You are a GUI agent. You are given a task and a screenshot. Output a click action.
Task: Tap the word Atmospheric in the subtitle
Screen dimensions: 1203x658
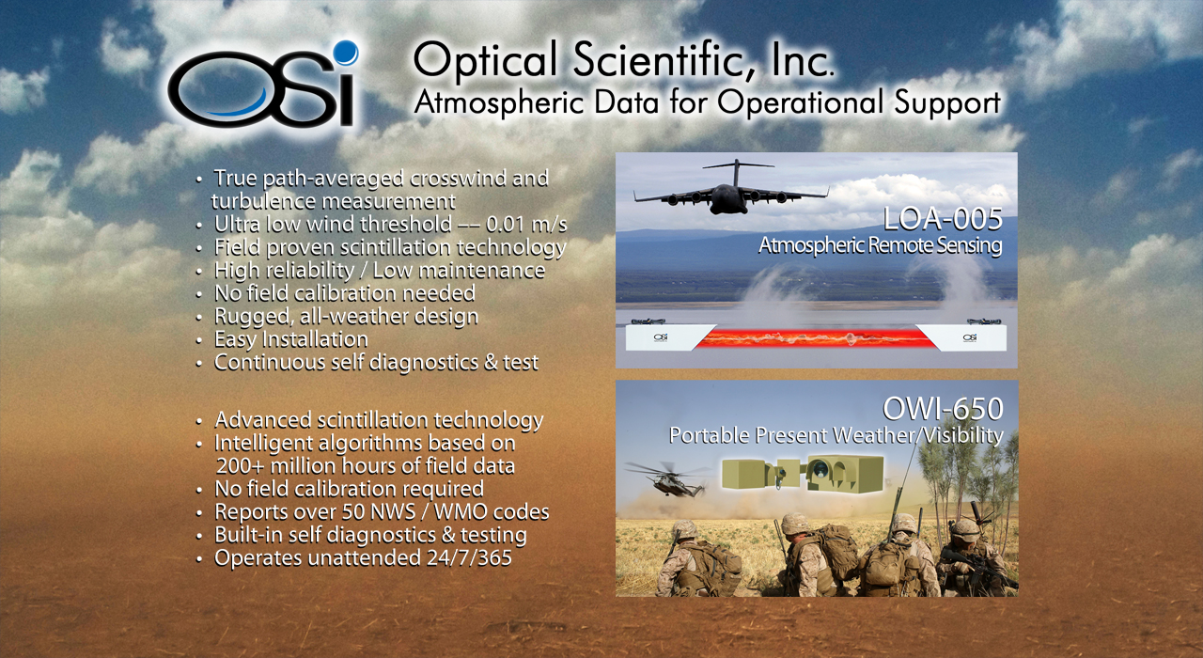click(498, 102)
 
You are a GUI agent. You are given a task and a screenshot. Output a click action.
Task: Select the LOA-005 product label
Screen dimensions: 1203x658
click(943, 219)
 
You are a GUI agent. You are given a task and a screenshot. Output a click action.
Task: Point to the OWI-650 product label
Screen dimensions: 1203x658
click(943, 409)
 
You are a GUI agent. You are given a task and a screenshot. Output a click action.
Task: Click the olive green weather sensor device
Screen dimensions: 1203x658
click(803, 473)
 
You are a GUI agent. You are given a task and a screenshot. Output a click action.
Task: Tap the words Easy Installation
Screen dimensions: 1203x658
click(290, 339)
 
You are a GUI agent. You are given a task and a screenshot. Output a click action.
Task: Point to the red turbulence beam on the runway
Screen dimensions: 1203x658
click(816, 337)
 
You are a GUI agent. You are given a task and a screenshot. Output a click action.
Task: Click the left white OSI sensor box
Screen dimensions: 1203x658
click(670, 337)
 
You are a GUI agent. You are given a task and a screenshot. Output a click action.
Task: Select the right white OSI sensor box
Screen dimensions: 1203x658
click(962, 337)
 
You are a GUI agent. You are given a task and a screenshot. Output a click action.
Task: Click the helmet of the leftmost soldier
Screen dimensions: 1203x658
click(684, 529)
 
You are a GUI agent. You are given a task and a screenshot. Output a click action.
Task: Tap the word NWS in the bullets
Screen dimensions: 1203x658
click(392, 512)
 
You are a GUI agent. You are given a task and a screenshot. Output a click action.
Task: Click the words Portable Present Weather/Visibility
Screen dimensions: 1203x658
click(836, 435)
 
